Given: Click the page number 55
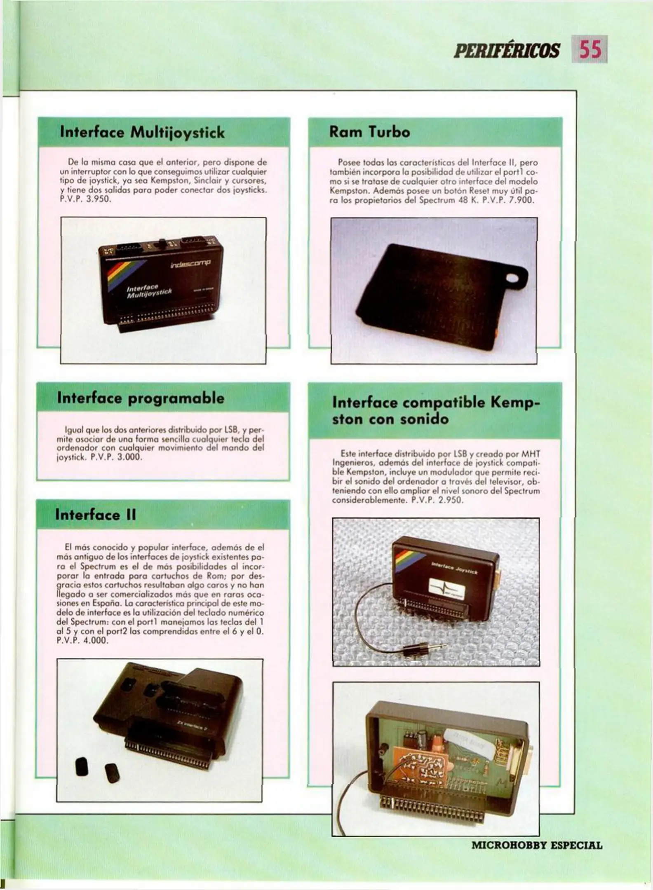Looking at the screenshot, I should coord(591,50).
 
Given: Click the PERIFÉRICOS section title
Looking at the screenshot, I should coord(507,51).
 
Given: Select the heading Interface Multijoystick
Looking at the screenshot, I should coord(142,133).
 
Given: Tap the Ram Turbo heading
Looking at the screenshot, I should coord(369,132).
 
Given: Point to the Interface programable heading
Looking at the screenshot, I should coord(141,398).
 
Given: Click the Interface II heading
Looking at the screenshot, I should coord(95,515).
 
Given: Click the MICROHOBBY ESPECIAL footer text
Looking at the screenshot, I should coord(537,846).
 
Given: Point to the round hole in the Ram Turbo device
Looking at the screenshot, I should coord(513,279).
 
